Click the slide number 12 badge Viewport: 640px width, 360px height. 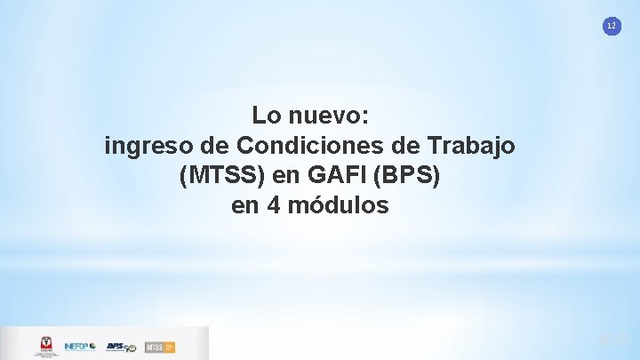tap(611, 27)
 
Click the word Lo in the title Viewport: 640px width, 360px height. tap(265, 116)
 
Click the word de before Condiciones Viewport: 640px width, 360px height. tap(218, 145)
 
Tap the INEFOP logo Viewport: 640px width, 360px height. tap(80, 346)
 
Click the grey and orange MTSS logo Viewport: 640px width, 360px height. tap(159, 346)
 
